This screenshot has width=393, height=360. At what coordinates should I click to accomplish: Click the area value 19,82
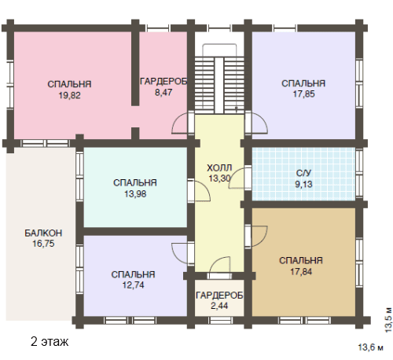click(x=69, y=95)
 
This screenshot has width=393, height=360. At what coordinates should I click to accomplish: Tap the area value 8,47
click(x=163, y=92)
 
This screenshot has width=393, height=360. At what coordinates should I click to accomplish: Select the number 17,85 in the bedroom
click(x=303, y=94)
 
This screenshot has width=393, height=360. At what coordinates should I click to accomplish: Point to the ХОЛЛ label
click(x=219, y=167)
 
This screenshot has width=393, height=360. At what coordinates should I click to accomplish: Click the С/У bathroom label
click(x=303, y=173)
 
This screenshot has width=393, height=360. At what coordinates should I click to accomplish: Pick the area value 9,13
click(x=303, y=184)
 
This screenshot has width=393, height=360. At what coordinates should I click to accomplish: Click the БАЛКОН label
click(x=43, y=233)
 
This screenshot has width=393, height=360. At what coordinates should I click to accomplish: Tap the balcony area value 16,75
click(x=43, y=244)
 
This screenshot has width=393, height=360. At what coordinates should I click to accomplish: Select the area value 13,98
click(x=135, y=194)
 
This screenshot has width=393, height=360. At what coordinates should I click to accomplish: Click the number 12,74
click(x=134, y=285)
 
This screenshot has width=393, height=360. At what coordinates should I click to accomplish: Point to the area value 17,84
click(x=301, y=271)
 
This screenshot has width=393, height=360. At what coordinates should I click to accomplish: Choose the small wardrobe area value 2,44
click(x=219, y=306)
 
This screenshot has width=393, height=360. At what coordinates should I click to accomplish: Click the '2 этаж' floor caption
click(x=50, y=341)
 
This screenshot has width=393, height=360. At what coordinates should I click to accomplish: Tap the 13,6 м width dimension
click(x=370, y=347)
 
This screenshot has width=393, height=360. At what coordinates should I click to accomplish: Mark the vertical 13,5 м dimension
click(x=389, y=320)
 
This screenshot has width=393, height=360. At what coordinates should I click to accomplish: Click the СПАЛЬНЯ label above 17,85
click(x=303, y=83)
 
